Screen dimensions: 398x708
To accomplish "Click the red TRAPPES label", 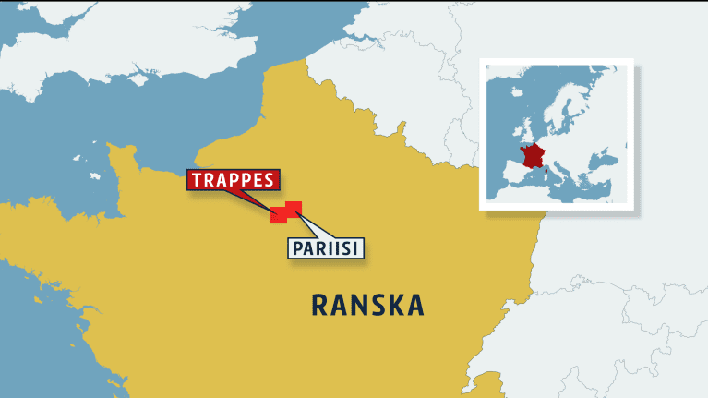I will point(232,181).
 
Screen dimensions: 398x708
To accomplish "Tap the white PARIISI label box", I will point(326,248).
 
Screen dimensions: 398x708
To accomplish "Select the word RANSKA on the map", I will point(367,305).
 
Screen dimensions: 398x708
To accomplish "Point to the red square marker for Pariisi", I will point(294,208).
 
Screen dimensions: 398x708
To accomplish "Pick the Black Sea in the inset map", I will point(609,163).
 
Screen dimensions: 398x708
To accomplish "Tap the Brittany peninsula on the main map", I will point(37,222).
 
